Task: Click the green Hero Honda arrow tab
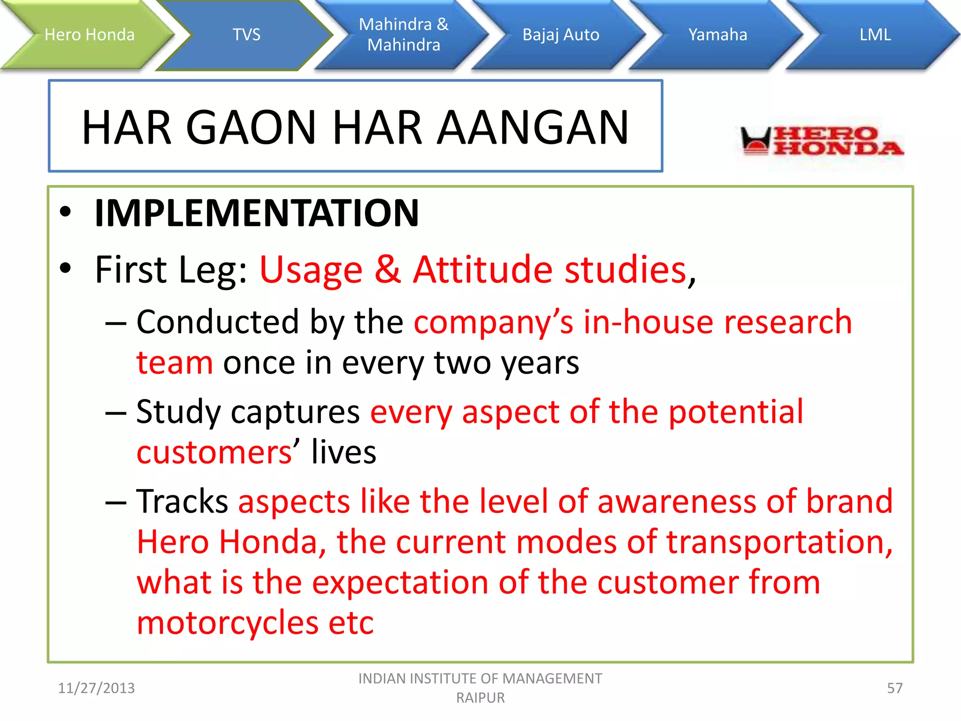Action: (x=89, y=35)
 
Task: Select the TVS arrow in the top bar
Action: (x=246, y=35)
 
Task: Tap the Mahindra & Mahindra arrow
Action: (x=404, y=35)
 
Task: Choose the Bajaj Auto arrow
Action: (x=561, y=35)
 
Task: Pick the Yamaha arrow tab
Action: (x=717, y=35)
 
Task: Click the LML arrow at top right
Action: (x=875, y=35)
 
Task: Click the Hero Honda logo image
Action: (x=821, y=141)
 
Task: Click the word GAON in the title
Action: (x=251, y=128)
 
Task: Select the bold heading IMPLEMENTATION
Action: (x=257, y=213)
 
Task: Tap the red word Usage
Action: (x=311, y=271)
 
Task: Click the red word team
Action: (x=175, y=363)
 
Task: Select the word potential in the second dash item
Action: (x=735, y=412)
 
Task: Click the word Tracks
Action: (x=182, y=501)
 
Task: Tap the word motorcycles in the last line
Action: (x=228, y=623)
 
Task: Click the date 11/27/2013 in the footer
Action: (x=96, y=688)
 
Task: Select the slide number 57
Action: (x=894, y=688)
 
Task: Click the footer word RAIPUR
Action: (x=480, y=698)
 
